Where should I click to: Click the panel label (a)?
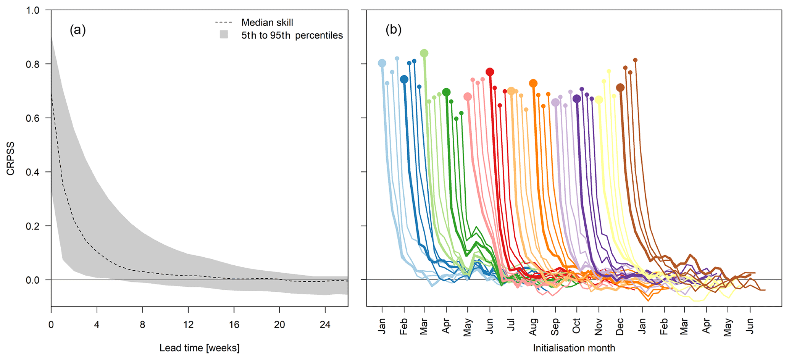click(77, 30)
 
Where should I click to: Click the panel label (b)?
click(394, 30)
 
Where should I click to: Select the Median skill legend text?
click(267, 23)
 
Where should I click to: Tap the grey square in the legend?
click(224, 35)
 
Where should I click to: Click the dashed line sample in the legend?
click(224, 23)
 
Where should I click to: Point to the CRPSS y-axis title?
click(11, 158)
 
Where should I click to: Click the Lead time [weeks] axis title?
click(199, 348)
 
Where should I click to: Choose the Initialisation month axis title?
click(574, 348)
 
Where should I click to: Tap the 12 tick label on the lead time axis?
click(188, 325)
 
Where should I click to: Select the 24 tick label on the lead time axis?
click(325, 325)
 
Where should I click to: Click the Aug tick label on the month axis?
click(533, 326)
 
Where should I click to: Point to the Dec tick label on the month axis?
click(620, 326)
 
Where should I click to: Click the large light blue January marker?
click(382, 63)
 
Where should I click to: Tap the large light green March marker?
click(424, 53)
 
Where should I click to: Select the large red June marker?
click(490, 72)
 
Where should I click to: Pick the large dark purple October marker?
click(577, 99)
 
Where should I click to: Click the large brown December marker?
click(620, 88)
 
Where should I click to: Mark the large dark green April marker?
click(446, 92)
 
